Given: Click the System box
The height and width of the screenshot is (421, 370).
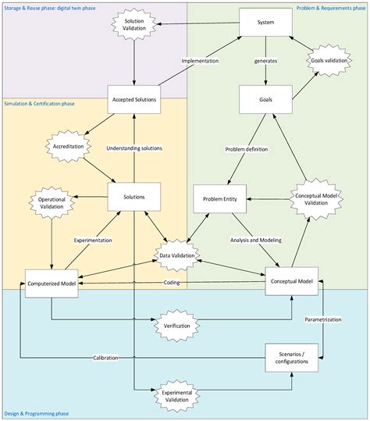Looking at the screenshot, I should click(265, 23).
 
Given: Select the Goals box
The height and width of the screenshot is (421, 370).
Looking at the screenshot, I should click(265, 99).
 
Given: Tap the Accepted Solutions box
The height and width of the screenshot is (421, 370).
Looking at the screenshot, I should click(133, 99).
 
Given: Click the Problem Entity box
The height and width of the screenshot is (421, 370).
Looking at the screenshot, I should click(220, 198).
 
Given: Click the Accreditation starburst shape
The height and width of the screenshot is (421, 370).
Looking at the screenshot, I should click(62, 146).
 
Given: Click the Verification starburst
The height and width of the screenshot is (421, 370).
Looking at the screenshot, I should click(178, 323).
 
